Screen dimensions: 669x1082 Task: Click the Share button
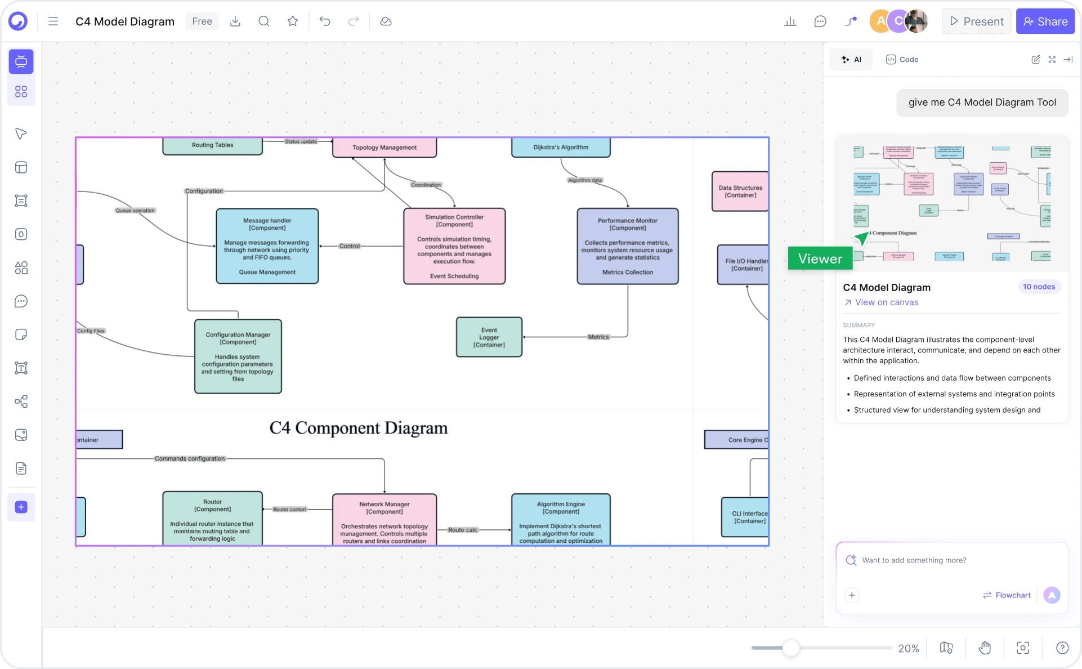click(1045, 21)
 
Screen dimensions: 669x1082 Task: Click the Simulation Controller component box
click(454, 246)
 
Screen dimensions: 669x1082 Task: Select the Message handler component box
click(267, 246)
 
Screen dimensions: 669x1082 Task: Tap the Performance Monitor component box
click(628, 246)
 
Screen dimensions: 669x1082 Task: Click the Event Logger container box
click(489, 337)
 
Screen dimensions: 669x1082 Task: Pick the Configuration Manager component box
click(238, 356)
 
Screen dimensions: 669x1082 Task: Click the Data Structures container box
click(740, 191)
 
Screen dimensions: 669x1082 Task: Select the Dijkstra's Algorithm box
click(561, 148)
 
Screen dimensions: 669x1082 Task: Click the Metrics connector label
click(598, 337)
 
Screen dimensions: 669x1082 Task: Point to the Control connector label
click(350, 246)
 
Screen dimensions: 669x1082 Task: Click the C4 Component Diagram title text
click(359, 428)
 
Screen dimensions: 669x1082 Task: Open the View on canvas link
click(886, 302)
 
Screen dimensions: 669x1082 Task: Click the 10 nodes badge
click(1039, 287)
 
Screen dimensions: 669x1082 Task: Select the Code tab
click(902, 60)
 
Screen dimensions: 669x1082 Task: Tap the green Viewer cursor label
click(820, 258)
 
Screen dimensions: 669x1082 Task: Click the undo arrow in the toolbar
click(324, 21)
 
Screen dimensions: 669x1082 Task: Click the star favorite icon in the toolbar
click(293, 21)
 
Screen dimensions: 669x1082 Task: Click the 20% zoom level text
click(908, 648)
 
